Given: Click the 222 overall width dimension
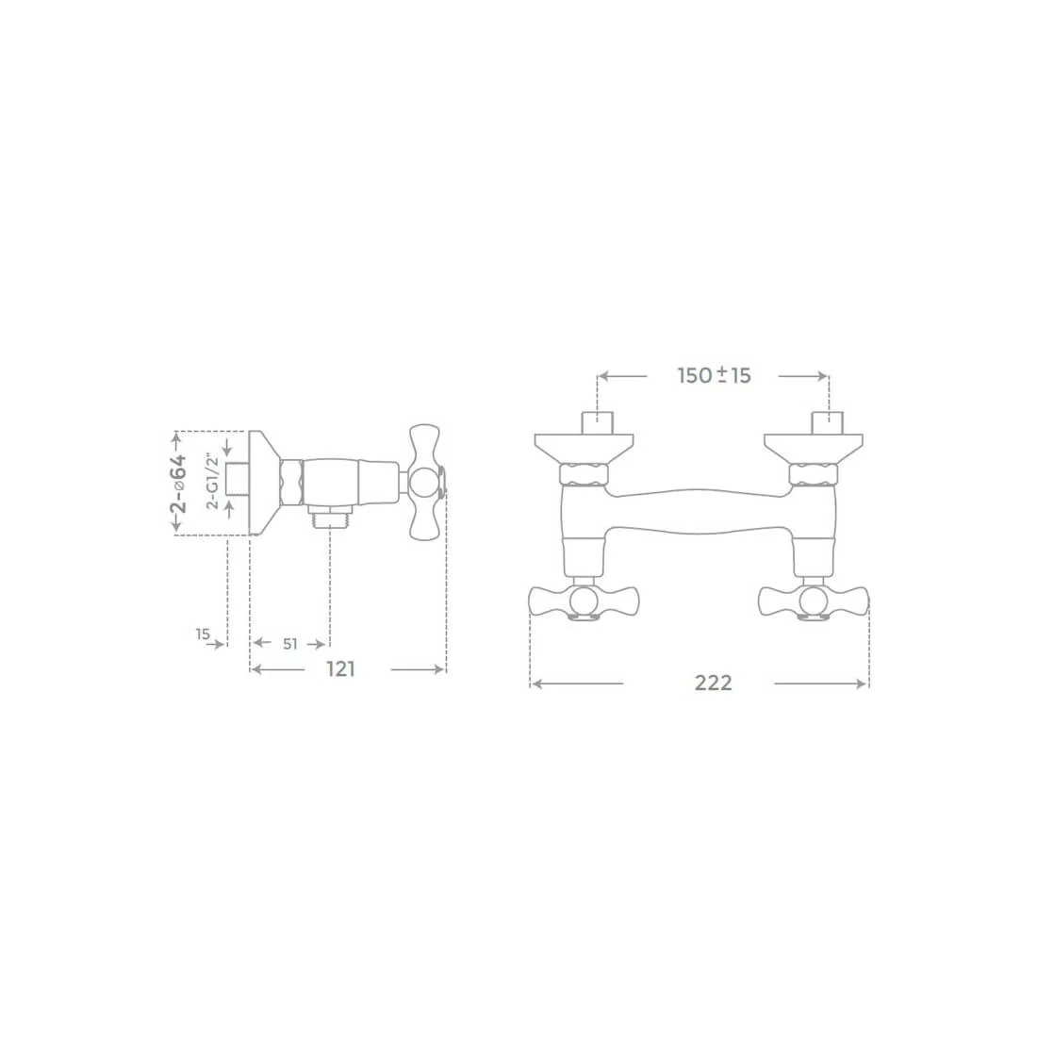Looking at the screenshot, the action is pyautogui.click(x=713, y=683).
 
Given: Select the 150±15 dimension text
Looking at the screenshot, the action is pyautogui.click(x=715, y=375).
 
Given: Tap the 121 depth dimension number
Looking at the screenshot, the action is pyautogui.click(x=341, y=669).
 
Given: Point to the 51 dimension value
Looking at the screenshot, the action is pyautogui.click(x=290, y=644).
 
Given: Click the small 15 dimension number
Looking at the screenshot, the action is pyautogui.click(x=203, y=634).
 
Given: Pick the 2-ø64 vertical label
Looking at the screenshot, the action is pyautogui.click(x=179, y=484).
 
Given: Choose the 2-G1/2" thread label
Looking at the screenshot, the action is pyautogui.click(x=213, y=481).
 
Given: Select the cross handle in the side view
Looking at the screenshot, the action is pyautogui.click(x=424, y=482).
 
